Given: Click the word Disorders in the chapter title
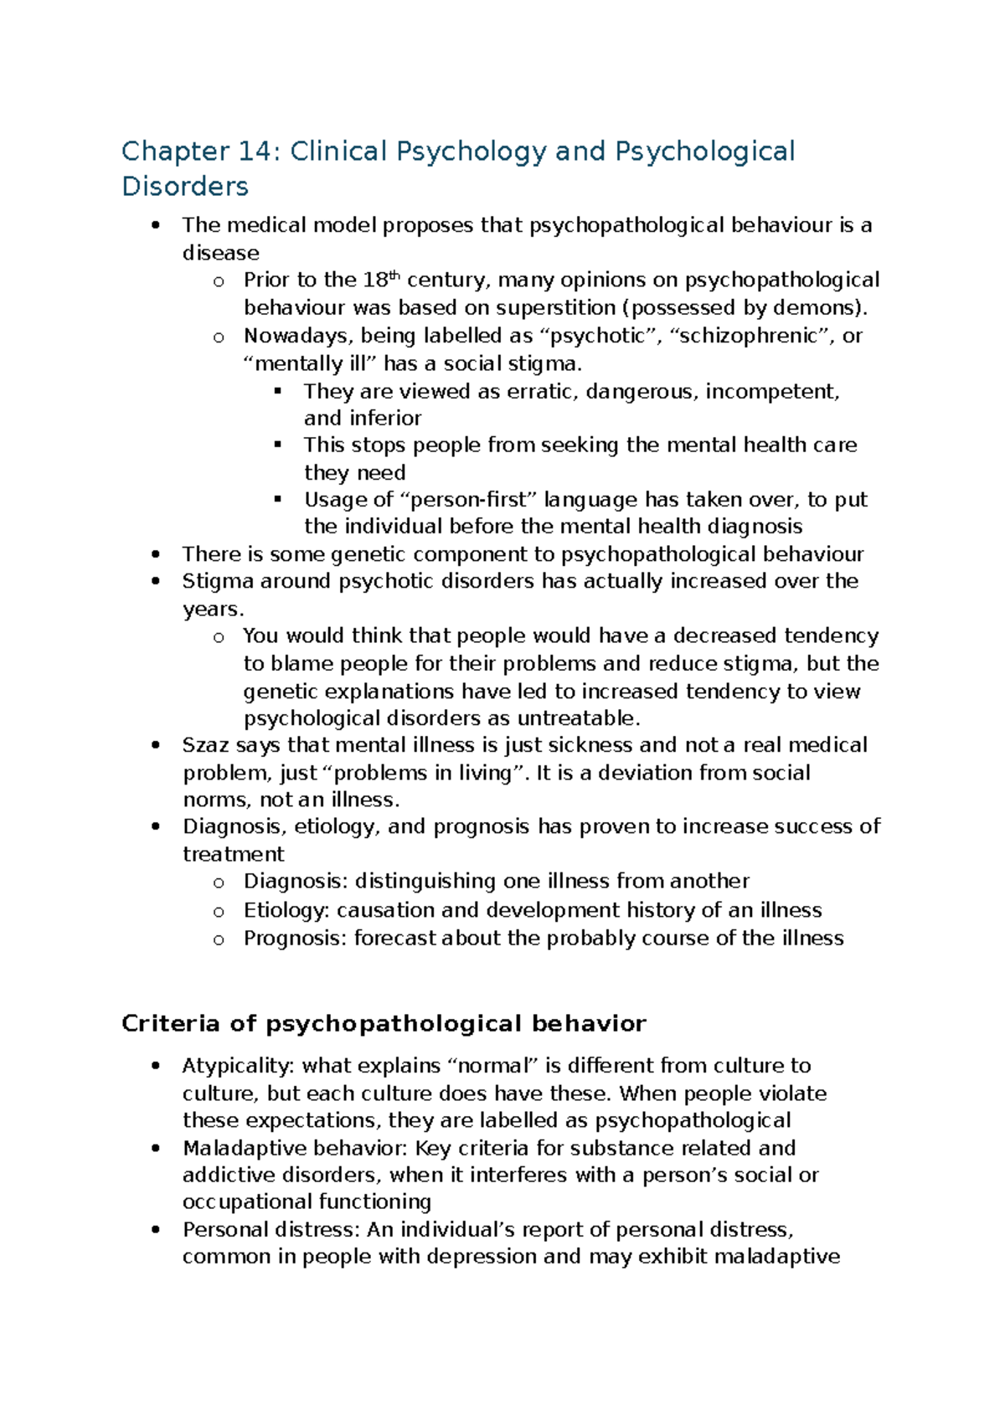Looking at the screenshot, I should tap(185, 186).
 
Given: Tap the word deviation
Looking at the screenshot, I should tap(645, 773).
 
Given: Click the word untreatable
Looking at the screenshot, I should tap(579, 718).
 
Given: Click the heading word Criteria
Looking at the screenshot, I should tap(171, 1024).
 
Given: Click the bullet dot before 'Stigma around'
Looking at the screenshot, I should tap(155, 582).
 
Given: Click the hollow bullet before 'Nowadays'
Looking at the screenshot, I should tap(219, 337).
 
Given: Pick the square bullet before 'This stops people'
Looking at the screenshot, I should tap(278, 445).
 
